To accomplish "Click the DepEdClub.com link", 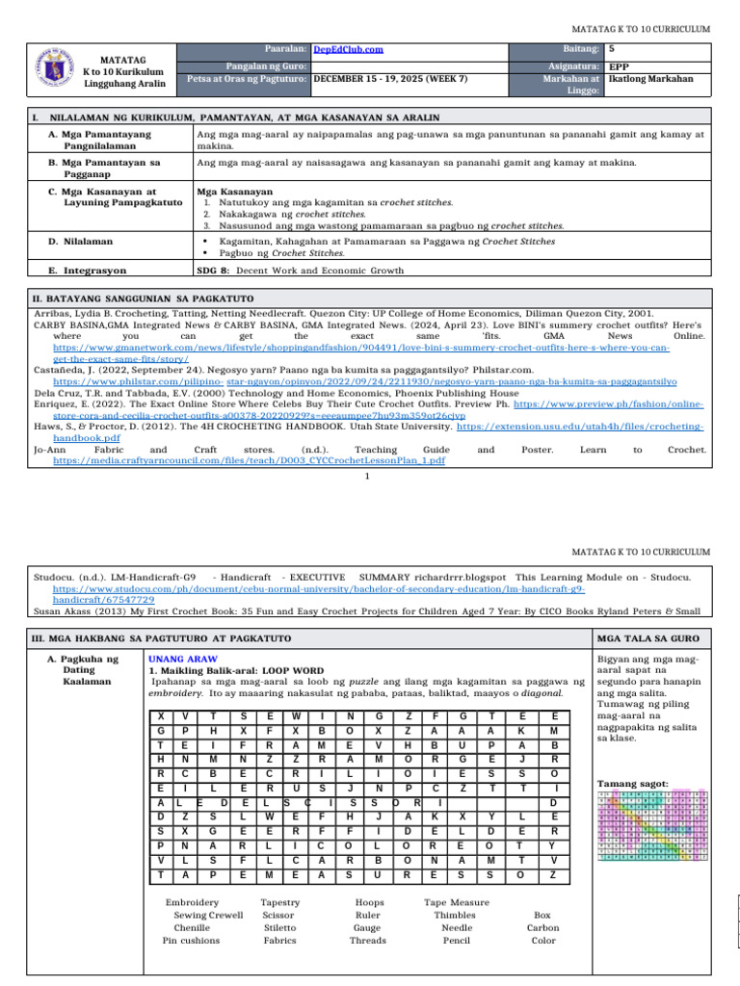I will (350, 48).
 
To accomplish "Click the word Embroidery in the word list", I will (192, 902).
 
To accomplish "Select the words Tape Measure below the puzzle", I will (457, 902).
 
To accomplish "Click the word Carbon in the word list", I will (542, 927).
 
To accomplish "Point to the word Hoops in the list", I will (368, 902).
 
